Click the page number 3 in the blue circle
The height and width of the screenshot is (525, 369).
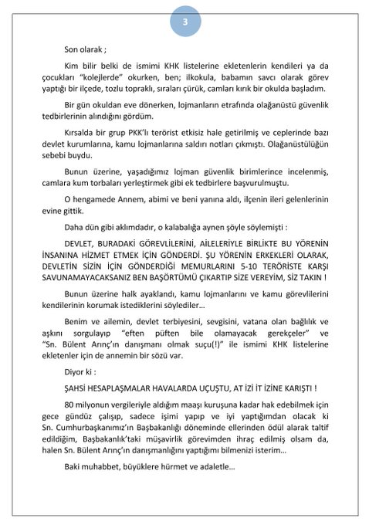click(185, 21)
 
